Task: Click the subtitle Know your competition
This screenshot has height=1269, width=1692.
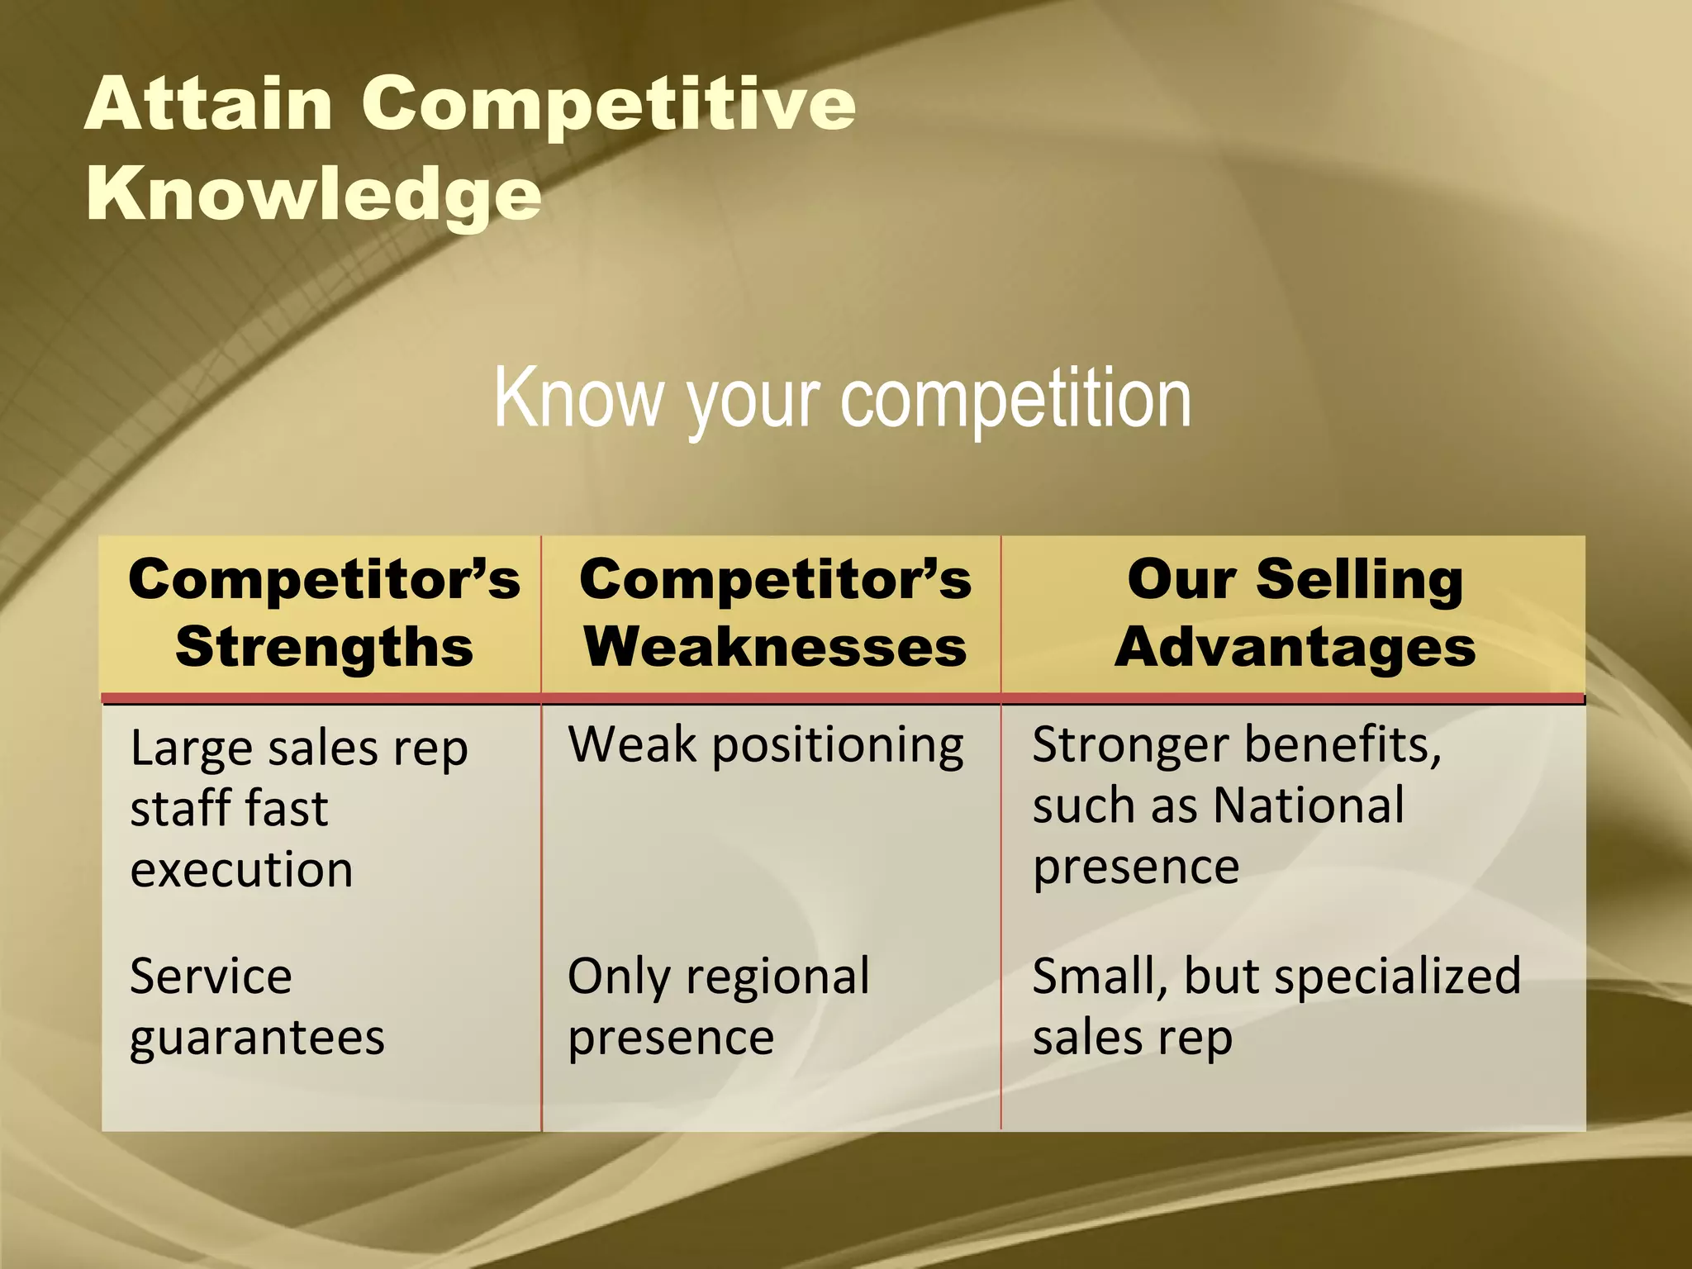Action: point(842,399)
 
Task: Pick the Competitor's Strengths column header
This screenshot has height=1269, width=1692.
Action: point(324,612)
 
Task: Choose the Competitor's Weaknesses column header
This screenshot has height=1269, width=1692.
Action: point(775,612)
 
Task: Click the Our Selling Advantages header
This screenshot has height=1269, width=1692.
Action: point(1295,612)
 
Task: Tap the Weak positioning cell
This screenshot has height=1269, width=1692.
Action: point(765,745)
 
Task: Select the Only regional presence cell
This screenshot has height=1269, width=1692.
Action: point(718,1006)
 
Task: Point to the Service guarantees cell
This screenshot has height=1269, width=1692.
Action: point(256,1006)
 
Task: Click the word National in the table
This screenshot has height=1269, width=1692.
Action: point(1309,806)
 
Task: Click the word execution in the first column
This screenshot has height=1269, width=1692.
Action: point(241,870)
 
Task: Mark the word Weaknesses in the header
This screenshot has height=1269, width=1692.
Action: point(775,646)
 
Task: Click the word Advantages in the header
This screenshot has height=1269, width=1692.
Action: point(1295,646)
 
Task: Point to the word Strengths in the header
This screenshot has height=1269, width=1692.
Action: point(324,646)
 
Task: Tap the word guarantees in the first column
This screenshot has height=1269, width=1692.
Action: point(256,1038)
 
